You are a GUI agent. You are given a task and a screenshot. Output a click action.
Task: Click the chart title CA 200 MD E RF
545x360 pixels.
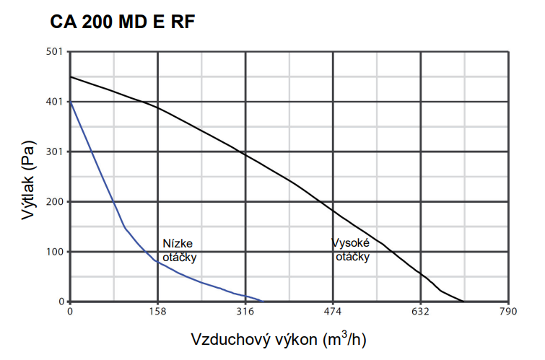pyautogui.click(x=123, y=22)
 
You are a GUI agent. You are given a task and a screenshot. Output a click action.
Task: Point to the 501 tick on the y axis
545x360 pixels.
pyautogui.click(x=55, y=52)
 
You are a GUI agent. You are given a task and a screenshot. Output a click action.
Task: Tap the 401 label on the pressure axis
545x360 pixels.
pyautogui.click(x=55, y=102)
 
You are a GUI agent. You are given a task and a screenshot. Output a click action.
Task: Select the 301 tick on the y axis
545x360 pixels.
pyautogui.click(x=55, y=152)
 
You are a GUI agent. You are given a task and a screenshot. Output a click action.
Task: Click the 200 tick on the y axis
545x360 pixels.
pyautogui.click(x=55, y=201)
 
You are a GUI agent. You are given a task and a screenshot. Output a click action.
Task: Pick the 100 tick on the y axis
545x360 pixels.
pyautogui.click(x=55, y=252)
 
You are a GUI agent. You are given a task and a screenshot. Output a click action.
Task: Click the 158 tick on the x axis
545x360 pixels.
pyautogui.click(x=157, y=312)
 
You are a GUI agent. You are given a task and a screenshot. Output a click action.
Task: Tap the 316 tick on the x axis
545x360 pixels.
pyautogui.click(x=245, y=312)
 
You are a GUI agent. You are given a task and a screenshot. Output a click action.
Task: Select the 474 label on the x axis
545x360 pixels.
pyautogui.click(x=333, y=312)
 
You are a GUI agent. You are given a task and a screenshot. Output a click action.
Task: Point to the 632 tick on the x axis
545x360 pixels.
pyautogui.click(x=421, y=312)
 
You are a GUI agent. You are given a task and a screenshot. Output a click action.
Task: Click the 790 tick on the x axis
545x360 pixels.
pyautogui.click(x=508, y=312)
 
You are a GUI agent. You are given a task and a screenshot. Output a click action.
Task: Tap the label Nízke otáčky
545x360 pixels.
pyautogui.click(x=178, y=250)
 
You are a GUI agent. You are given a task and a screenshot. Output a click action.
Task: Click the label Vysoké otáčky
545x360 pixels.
pyautogui.click(x=351, y=250)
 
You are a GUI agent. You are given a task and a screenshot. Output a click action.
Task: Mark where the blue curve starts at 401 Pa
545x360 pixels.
pyautogui.click(x=70, y=102)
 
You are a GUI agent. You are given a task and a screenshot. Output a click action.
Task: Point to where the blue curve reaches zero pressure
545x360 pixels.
pyautogui.click(x=262, y=302)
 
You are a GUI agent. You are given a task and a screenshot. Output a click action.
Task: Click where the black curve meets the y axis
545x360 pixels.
pyautogui.click(x=70, y=76)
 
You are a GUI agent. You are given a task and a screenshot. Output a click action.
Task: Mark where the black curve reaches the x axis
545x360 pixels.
pyautogui.click(x=464, y=302)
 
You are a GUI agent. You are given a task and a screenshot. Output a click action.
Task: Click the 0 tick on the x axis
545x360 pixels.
pyautogui.click(x=70, y=312)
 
